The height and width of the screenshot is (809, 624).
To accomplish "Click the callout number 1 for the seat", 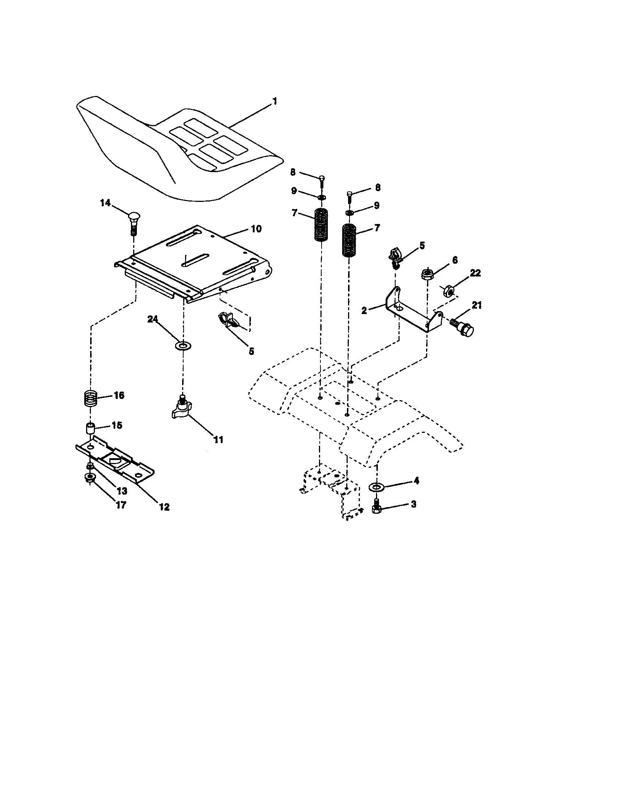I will click(x=274, y=101).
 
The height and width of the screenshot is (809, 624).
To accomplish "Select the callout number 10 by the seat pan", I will click(x=256, y=229).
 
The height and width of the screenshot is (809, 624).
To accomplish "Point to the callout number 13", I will click(x=122, y=491).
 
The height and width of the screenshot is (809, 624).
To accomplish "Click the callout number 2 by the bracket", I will click(x=364, y=310).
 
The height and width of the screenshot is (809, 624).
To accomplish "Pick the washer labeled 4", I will click(x=376, y=486).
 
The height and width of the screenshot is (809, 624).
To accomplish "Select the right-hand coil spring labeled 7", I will click(x=349, y=241).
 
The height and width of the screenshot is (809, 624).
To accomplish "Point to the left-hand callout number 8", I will click(x=293, y=172).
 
